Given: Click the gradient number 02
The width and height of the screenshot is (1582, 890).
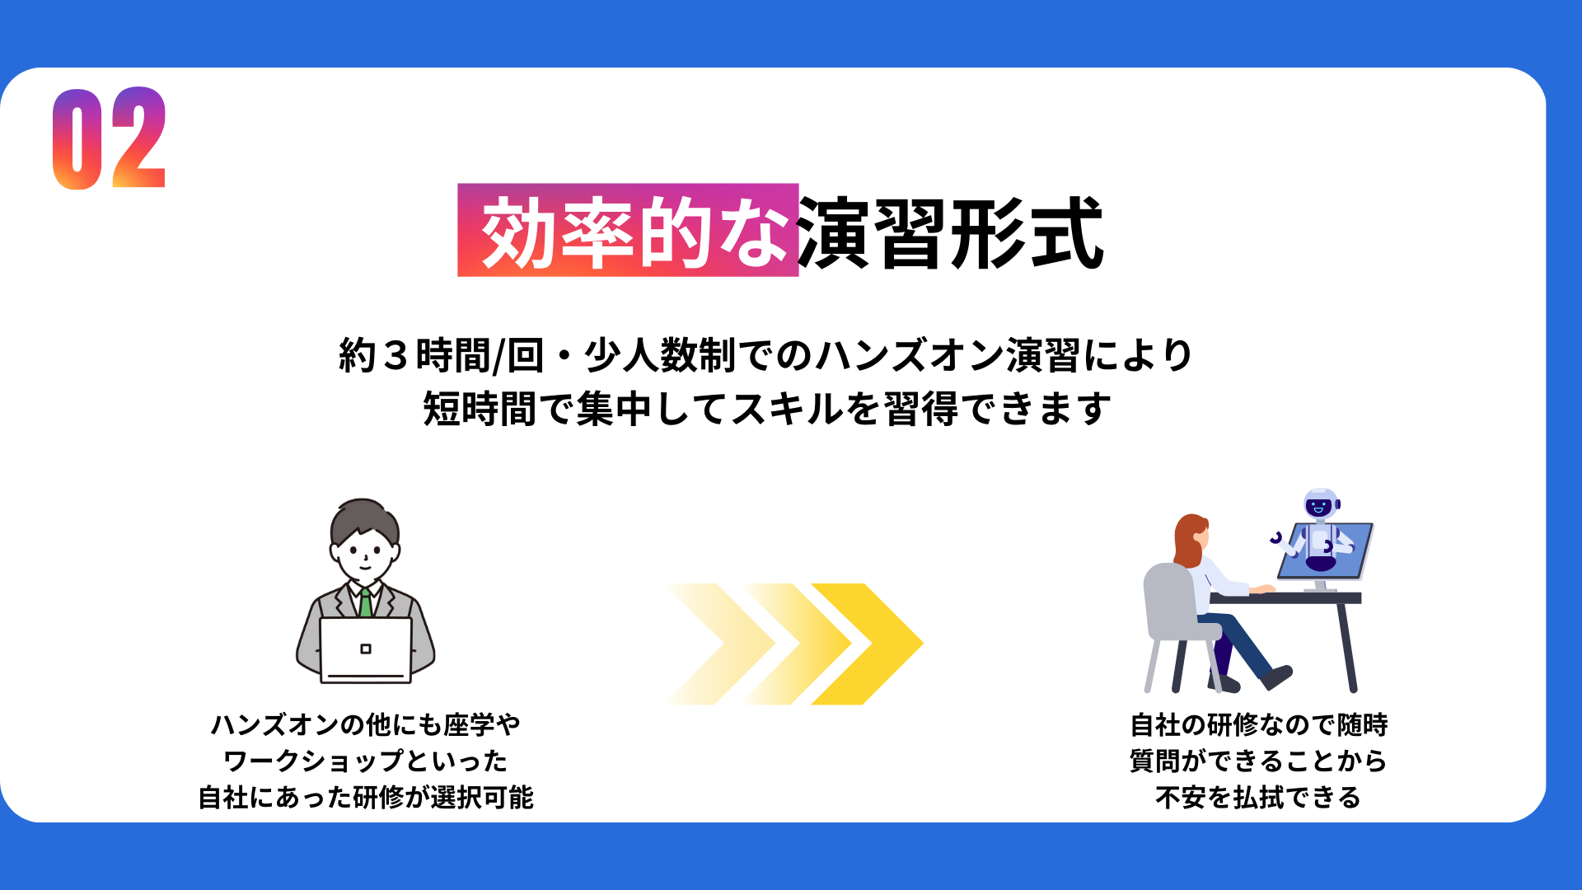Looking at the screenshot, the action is [x=110, y=138].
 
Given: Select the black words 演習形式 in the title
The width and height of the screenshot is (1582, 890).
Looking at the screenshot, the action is [x=951, y=232].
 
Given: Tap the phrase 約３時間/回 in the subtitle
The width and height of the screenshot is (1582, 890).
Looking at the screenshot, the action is [x=442, y=356].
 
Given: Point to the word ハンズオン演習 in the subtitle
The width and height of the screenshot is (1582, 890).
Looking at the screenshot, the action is [x=948, y=356].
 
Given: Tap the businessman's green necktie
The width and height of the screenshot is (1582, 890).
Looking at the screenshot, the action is [x=365, y=602].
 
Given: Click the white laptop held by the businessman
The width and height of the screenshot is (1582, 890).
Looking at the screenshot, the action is [x=366, y=650].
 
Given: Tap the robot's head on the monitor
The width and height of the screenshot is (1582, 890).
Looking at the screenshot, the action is [x=1321, y=504].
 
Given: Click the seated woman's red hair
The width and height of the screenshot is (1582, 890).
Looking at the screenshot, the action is [x=1188, y=541].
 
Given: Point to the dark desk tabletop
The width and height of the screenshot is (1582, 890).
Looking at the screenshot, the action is [x=1286, y=598].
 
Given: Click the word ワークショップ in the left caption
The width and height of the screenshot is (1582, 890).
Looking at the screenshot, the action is [x=314, y=761].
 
